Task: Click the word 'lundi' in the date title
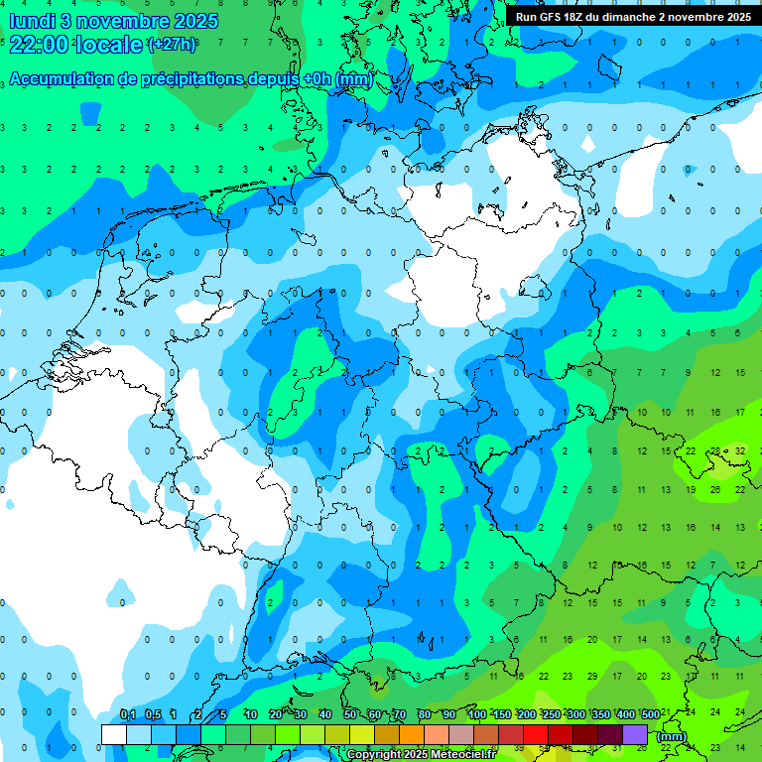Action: pyautogui.click(x=32, y=21)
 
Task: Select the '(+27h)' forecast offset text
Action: pyautogui.click(x=171, y=44)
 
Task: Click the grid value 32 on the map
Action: pyautogui.click(x=740, y=450)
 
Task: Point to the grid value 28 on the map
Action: pyautogui.click(x=715, y=450)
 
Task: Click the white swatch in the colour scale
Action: pyautogui.click(x=114, y=734)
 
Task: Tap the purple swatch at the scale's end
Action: pyautogui.click(x=635, y=734)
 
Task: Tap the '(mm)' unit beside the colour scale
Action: pyautogui.click(x=672, y=736)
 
